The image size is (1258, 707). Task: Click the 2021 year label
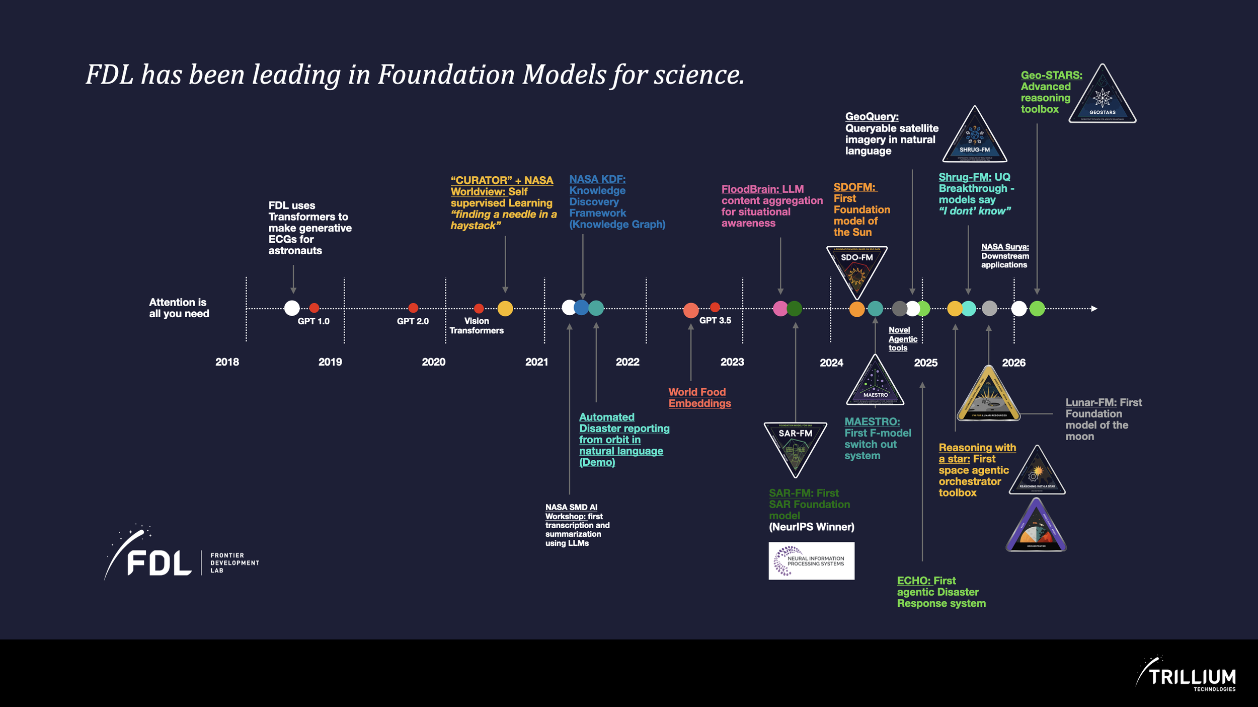(x=536, y=362)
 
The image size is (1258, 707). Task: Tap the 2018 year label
(x=227, y=362)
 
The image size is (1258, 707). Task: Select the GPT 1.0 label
(x=313, y=321)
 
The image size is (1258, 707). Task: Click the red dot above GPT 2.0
(x=413, y=308)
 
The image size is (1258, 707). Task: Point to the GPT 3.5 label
(x=715, y=320)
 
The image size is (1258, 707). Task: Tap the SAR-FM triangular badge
(x=795, y=446)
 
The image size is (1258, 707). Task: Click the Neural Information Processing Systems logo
(x=811, y=560)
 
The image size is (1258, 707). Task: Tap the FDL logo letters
(x=159, y=562)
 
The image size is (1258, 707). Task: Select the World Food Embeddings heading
(x=699, y=397)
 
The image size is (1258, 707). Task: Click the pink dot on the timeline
(x=780, y=309)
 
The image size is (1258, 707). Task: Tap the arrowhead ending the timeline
(x=1094, y=308)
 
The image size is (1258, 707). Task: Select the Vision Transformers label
(x=477, y=325)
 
